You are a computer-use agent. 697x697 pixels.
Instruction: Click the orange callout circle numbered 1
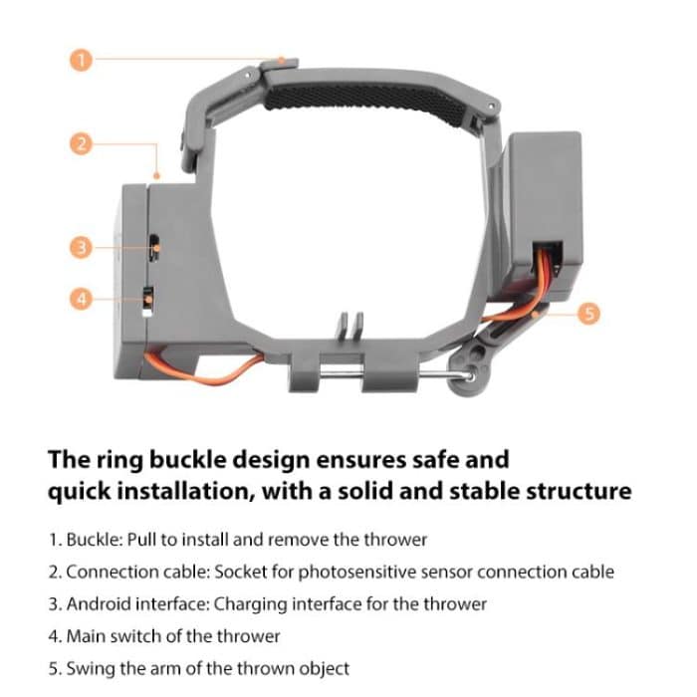pos(83,60)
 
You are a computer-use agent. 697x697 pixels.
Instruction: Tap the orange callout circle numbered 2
pos(83,144)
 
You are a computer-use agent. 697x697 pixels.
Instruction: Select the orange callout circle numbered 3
pos(83,246)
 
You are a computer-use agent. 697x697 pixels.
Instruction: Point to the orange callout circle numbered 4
pos(83,297)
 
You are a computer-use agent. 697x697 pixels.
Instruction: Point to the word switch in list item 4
pos(140,635)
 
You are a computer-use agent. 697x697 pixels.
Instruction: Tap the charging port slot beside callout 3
pos(155,244)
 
